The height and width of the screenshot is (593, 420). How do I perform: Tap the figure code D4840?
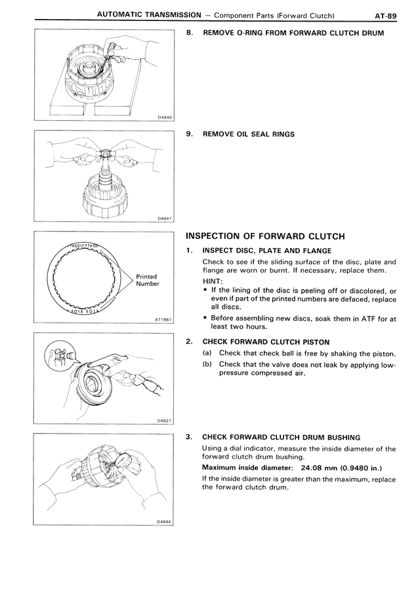[x=164, y=117]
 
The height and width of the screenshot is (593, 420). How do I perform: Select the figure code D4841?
[x=164, y=218]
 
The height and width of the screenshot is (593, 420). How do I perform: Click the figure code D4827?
[x=164, y=420]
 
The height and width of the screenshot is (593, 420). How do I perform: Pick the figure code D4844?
[x=164, y=521]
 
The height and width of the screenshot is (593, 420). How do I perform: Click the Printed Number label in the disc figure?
[x=148, y=280]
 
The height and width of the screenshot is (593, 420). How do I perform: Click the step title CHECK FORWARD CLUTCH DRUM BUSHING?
[x=282, y=436]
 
